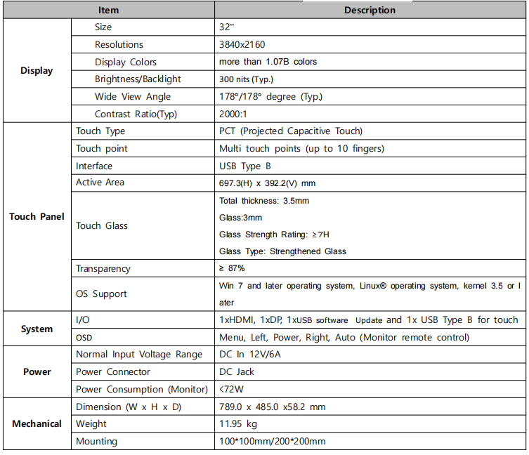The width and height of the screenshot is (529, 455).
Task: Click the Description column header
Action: (370, 10)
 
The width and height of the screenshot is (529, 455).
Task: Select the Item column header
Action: (108, 10)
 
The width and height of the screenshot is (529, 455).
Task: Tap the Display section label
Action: (37, 70)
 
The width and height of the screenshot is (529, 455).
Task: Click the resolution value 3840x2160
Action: (242, 44)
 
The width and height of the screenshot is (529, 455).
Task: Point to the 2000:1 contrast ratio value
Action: (233, 114)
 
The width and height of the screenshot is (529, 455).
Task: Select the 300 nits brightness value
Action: (246, 79)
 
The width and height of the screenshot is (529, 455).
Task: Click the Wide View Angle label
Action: (133, 97)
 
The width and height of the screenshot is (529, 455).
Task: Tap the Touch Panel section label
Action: (37, 216)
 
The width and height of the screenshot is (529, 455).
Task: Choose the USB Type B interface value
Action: (245, 166)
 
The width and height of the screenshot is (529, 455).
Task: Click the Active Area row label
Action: (100, 183)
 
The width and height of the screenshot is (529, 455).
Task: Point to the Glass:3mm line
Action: (241, 218)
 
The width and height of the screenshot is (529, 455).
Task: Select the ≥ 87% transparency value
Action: (232, 268)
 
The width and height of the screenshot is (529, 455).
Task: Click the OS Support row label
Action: (101, 294)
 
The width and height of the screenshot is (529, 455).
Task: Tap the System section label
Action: (37, 329)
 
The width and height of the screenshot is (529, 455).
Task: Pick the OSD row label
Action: (84, 338)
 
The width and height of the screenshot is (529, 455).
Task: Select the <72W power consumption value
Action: (233, 389)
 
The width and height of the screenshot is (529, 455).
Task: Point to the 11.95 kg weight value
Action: (238, 424)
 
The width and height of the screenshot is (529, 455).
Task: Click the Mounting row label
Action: (96, 442)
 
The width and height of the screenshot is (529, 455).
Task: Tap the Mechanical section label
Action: (37, 423)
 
